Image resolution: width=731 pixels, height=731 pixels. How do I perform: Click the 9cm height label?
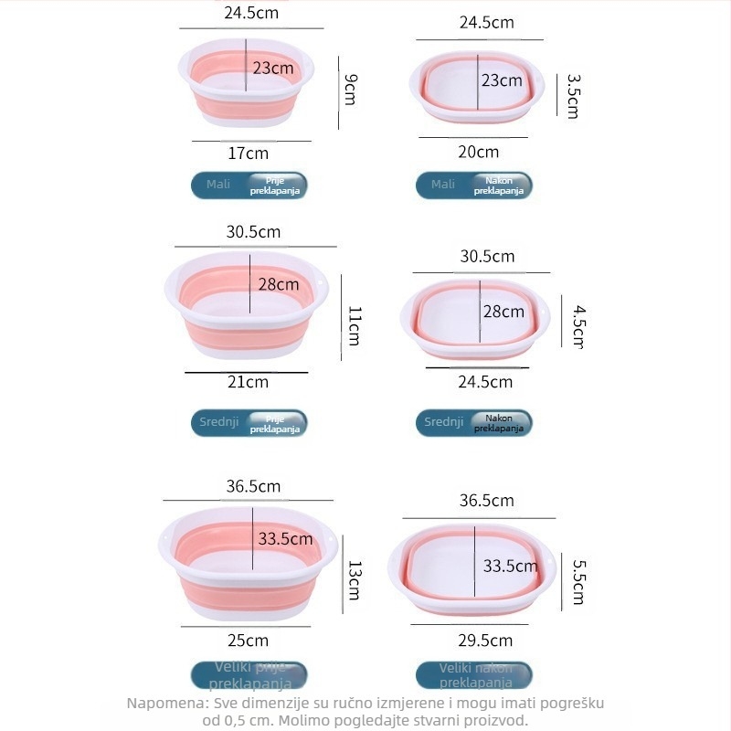coord(349,89)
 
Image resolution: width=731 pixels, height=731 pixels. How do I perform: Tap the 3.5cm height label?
coord(573,96)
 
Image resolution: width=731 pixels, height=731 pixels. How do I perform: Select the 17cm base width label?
coord(249,153)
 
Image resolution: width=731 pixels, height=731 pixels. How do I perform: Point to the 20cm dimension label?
coord(478,152)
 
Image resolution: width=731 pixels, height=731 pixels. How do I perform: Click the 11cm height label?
coord(355,325)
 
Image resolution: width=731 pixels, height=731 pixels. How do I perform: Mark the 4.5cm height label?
coord(577,326)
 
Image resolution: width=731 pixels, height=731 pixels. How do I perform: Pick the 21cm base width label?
coord(249,382)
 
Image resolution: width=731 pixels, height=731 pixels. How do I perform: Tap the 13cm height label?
coord(355,580)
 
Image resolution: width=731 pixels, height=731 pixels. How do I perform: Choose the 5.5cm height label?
coord(577,582)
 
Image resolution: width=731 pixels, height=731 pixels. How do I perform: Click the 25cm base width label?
coord(249,640)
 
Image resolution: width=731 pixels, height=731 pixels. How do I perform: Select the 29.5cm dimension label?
coord(486,640)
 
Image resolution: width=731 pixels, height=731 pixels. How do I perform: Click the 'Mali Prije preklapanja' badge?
coord(249,185)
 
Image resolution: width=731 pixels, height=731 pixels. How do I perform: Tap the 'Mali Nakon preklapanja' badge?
coord(473,185)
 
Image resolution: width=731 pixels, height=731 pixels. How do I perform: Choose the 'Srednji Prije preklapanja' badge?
coord(249,423)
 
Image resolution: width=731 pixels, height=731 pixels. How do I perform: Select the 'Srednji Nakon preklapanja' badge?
coord(473,423)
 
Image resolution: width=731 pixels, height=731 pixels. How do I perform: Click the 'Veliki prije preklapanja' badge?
coord(249,676)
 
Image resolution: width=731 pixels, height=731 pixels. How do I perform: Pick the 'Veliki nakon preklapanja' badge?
coord(473,676)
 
